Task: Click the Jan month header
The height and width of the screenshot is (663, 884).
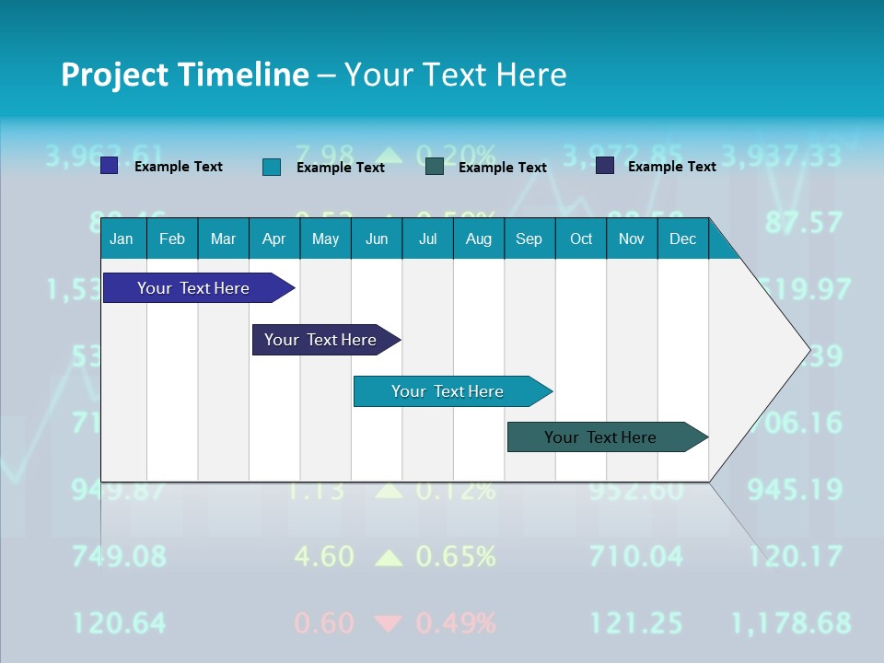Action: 122,238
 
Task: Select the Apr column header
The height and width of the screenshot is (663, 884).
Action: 273,238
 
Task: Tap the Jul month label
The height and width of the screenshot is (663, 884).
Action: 427,238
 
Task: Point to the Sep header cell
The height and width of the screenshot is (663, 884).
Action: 529,238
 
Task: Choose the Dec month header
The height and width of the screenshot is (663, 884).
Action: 682,238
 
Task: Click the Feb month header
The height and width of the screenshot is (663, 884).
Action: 172,238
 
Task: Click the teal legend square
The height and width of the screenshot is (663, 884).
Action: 272,167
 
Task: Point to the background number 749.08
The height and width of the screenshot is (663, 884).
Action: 120,556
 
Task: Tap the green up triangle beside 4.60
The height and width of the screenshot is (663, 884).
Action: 390,557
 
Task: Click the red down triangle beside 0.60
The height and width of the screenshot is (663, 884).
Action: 390,623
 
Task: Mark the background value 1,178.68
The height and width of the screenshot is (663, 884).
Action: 790,623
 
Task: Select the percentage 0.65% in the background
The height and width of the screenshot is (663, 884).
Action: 456,556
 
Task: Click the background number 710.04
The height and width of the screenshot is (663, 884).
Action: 636,556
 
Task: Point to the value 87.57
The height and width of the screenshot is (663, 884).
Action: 803,223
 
